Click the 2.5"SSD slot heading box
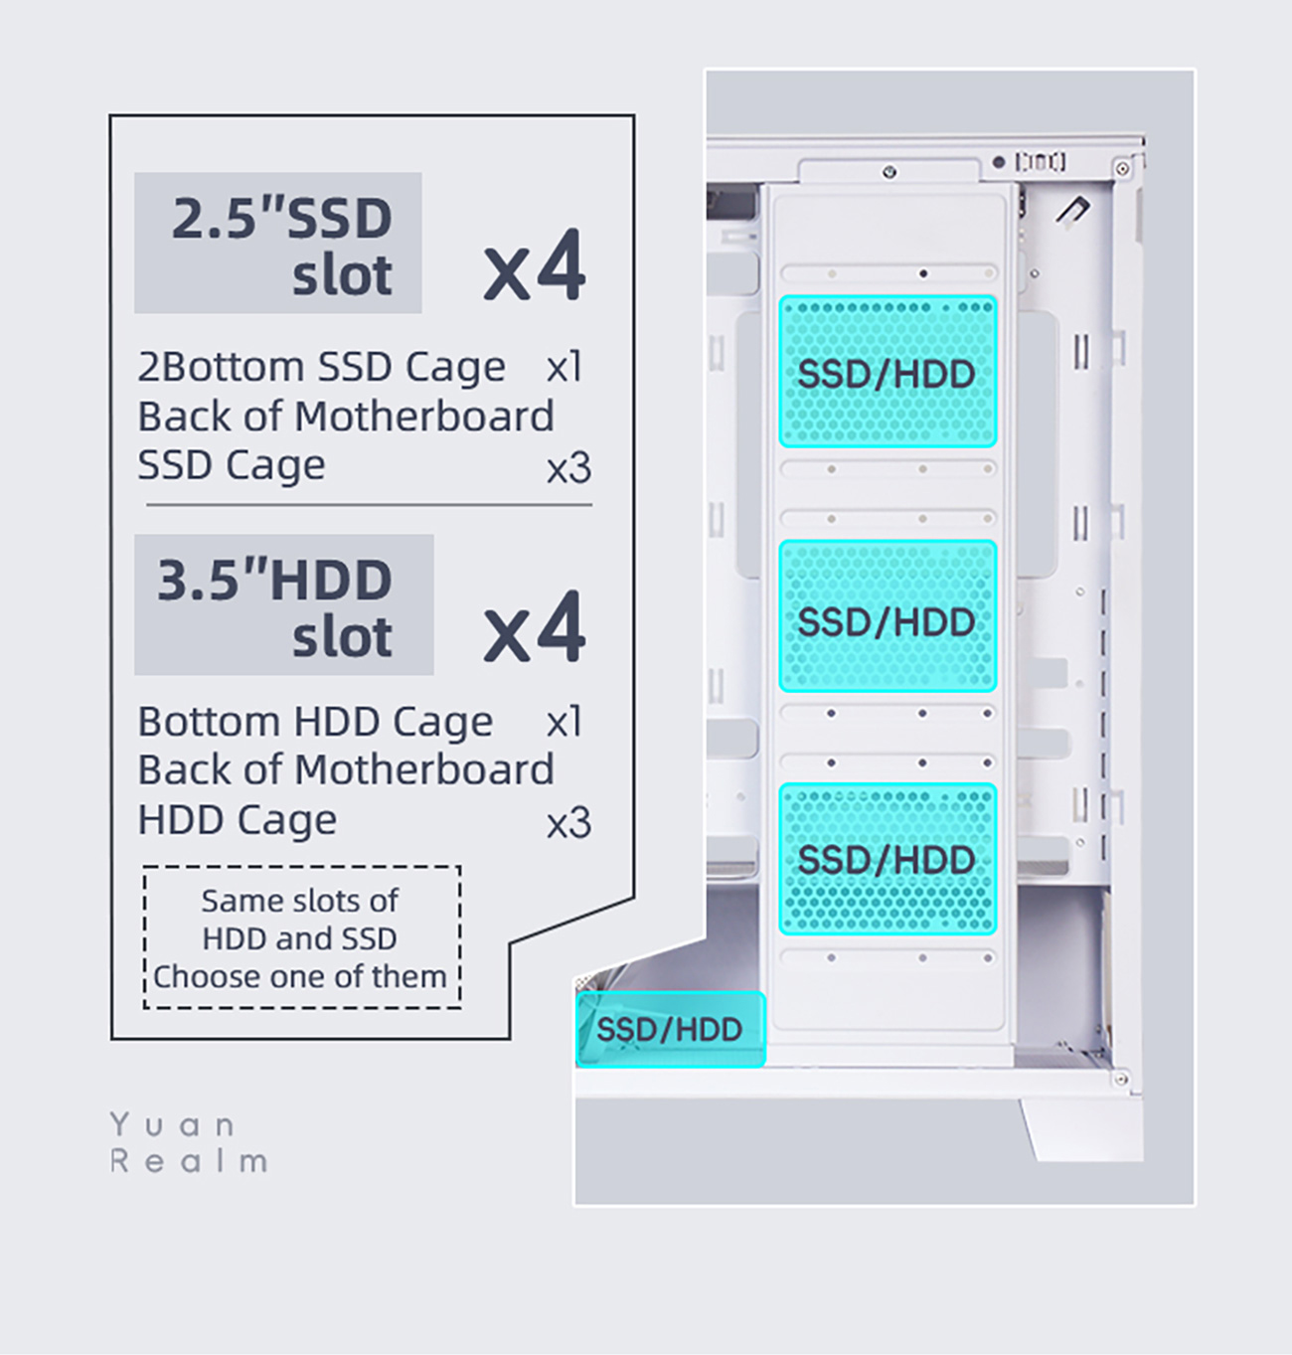pos(278,243)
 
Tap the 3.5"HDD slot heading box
pos(284,604)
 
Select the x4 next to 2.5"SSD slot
pos(535,266)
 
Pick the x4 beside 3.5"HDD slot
pos(535,628)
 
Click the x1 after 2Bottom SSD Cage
pos(565,368)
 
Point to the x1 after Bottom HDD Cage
pos(565,723)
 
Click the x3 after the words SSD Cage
pos(568,468)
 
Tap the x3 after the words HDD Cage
pos(568,823)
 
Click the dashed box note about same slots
pos(301,937)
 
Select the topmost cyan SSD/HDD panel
pos(888,372)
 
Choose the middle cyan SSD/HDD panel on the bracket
pos(888,616)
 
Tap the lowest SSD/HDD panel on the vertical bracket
pos(888,859)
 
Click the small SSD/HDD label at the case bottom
pos(670,1030)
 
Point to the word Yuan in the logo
pos(173,1125)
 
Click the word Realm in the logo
pos(189,1161)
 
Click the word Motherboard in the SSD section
pos(424,417)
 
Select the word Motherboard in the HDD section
pos(424,770)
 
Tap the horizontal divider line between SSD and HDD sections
pos(369,505)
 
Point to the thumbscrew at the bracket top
pos(889,172)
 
